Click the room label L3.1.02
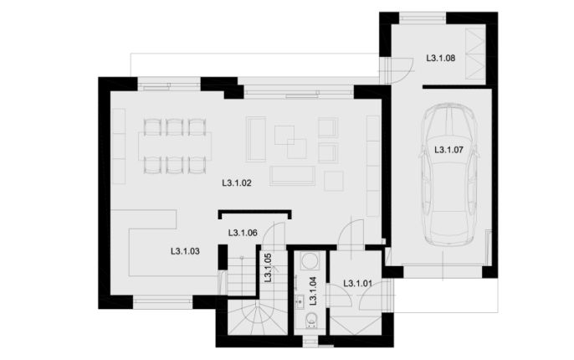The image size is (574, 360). click(237, 183)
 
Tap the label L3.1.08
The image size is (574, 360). click(441, 58)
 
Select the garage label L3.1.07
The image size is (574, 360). click(448, 149)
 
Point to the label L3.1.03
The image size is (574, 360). click(185, 251)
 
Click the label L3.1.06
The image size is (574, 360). click(243, 233)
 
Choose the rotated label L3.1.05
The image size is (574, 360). click(268, 268)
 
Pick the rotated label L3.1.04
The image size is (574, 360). click(313, 291)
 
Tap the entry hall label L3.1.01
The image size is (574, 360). click(357, 283)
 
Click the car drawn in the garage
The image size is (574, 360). click(448, 175)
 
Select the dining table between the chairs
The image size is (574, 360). click(175, 147)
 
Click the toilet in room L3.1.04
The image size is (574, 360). click(312, 320)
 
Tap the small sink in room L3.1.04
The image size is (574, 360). click(300, 301)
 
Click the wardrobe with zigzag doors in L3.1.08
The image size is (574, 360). click(475, 54)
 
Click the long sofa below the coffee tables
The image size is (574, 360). click(293, 176)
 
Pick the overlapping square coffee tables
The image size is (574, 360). click(290, 142)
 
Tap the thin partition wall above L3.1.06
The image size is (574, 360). click(254, 212)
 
